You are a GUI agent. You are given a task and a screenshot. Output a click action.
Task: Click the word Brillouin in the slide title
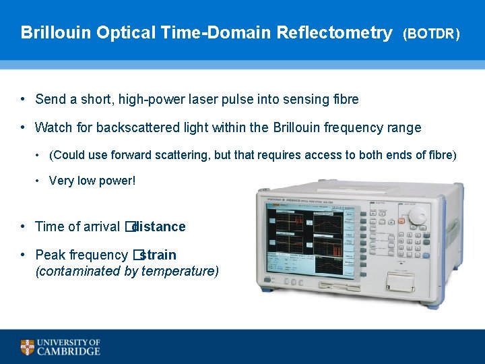[x=57, y=32]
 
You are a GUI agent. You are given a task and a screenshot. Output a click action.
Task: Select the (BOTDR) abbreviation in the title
[x=431, y=34]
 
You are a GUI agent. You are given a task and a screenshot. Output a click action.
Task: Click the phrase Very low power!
[x=92, y=181]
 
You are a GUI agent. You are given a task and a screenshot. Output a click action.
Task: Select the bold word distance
[x=160, y=226]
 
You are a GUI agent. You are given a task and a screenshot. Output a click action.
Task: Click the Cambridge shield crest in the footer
[x=27, y=347]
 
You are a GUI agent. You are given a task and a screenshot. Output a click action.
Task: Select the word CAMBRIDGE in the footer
[x=69, y=351]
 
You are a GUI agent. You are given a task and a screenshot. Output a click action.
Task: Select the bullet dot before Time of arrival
[x=23, y=226]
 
